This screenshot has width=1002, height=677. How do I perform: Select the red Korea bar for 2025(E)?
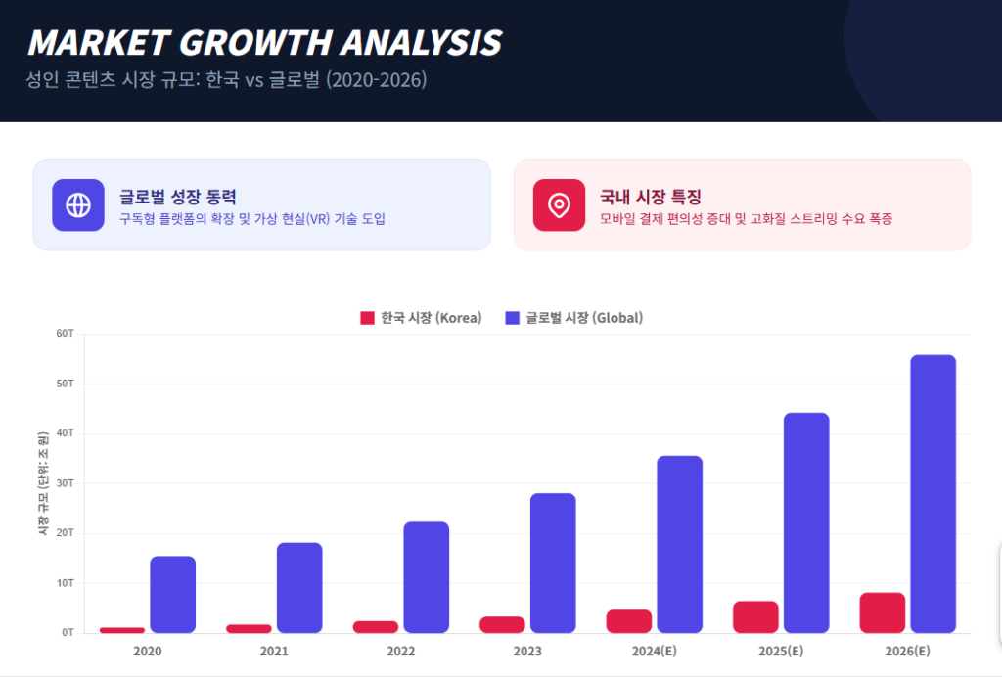point(755,616)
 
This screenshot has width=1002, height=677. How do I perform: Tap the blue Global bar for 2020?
point(172,594)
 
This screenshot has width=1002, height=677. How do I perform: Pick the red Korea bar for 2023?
point(502,624)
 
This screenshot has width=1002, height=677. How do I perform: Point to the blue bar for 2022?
point(426,577)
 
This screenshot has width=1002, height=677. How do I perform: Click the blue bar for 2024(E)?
point(679,544)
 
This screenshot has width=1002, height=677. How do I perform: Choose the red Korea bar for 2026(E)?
point(882,612)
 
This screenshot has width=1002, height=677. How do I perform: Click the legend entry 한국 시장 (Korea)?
point(421,318)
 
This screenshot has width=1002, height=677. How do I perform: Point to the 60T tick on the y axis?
point(66,334)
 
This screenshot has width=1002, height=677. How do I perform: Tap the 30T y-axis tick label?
point(66,483)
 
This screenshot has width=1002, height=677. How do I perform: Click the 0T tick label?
point(68,633)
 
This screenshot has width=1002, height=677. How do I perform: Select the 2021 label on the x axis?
point(274,652)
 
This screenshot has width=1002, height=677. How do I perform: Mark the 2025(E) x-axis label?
point(781,652)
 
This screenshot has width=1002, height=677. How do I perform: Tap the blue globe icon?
point(78,205)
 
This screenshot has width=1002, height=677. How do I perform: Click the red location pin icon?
point(559,205)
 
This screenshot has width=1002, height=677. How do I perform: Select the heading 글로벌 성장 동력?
point(178,197)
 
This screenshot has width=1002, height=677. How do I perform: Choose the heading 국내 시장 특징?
point(651,197)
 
